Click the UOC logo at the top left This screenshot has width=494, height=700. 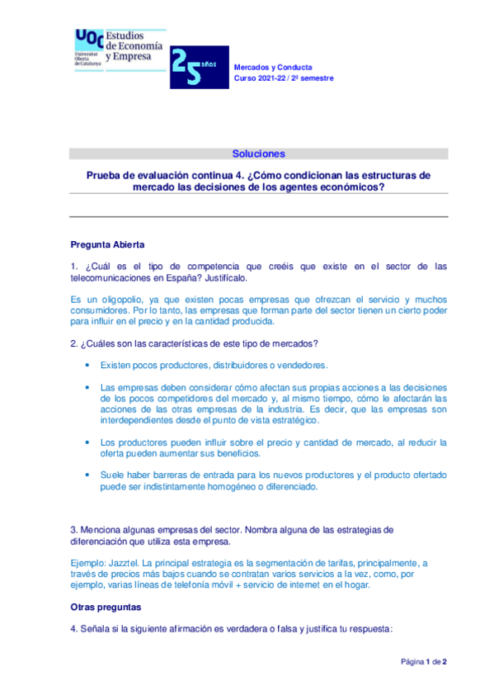click(88, 47)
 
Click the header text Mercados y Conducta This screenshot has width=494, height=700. click(273, 66)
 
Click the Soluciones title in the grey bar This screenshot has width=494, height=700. click(258, 154)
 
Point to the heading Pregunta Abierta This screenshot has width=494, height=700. click(107, 244)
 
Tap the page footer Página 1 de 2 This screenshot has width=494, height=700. click(423, 662)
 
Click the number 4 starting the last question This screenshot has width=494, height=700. click(73, 628)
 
